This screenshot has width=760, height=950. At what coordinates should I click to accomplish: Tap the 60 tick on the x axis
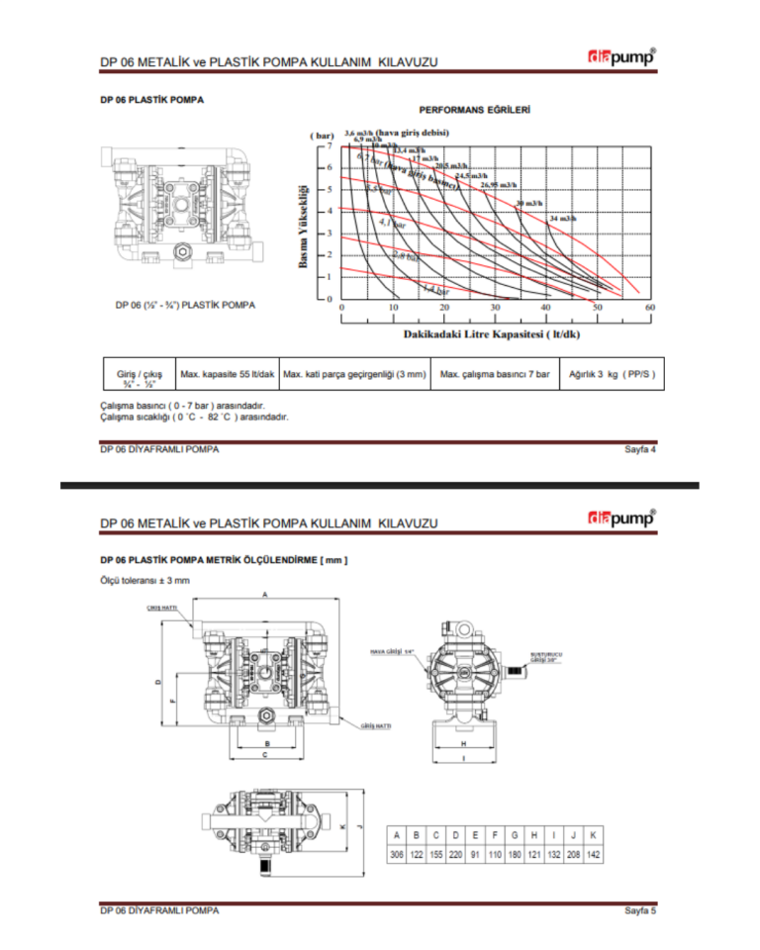pos(650,310)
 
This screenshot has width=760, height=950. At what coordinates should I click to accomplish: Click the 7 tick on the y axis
pos(331,144)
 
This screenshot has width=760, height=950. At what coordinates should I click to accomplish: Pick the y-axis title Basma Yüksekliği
pos(305,225)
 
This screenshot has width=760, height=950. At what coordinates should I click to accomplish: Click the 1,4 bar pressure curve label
pos(435,290)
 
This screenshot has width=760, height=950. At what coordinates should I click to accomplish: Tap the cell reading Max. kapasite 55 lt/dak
pos(227,374)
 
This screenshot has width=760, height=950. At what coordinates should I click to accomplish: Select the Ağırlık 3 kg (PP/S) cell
pos(613,374)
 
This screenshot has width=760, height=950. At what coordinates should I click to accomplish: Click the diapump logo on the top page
pos(620,58)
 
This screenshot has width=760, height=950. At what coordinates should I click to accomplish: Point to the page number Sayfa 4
pos(640,449)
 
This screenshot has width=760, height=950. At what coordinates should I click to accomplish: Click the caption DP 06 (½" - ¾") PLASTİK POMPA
pos(186,305)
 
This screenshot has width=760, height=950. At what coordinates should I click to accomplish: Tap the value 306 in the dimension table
pos(397,853)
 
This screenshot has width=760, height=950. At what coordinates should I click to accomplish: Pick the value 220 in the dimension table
pos(455,853)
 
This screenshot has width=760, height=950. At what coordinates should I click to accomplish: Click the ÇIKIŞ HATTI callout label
pos(160,606)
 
